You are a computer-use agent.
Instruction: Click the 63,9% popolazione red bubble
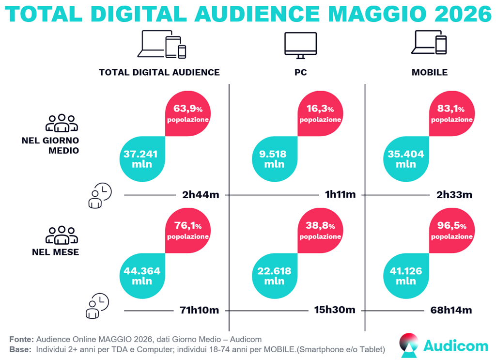(188, 113)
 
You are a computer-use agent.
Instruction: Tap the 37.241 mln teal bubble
(142, 159)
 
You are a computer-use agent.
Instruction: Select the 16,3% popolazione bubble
(320, 113)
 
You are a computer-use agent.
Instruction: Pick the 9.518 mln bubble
(275, 159)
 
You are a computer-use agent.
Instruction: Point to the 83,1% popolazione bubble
(452, 113)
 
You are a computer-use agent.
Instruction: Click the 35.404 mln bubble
(406, 159)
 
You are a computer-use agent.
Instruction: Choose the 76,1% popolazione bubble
(188, 230)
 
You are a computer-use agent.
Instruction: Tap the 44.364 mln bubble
(142, 276)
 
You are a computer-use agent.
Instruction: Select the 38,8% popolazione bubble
(320, 230)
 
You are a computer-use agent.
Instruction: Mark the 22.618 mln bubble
(275, 276)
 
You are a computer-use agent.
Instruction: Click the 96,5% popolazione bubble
(452, 230)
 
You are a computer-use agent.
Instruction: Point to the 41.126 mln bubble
(406, 276)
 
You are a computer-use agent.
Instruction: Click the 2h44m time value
(201, 195)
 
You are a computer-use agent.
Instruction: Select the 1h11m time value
(341, 194)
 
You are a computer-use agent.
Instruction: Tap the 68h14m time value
(451, 310)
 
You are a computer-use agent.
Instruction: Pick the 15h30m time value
(335, 310)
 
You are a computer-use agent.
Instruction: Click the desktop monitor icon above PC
(300, 45)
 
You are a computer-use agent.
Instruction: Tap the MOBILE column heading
(430, 73)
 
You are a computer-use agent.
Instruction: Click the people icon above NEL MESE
(62, 235)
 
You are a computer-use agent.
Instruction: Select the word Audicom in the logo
(456, 346)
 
